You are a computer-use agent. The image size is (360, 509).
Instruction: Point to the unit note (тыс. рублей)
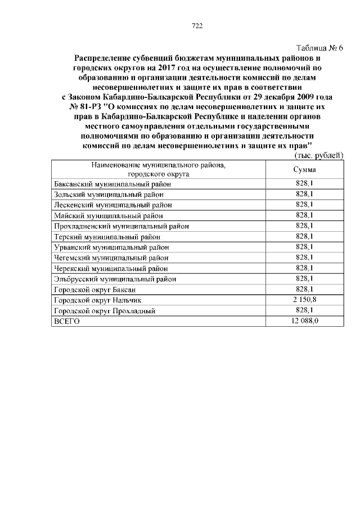(318, 155)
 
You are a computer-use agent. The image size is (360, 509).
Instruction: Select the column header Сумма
(304, 169)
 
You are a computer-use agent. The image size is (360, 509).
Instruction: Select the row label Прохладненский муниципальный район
(121, 226)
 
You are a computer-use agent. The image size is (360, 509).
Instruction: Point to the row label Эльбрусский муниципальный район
(114, 279)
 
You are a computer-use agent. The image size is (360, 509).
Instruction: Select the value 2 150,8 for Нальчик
(304, 300)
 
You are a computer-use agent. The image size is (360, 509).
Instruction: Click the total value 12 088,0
(304, 321)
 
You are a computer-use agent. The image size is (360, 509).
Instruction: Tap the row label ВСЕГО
(66, 322)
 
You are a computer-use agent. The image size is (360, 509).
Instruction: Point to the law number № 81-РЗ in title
(84, 107)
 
